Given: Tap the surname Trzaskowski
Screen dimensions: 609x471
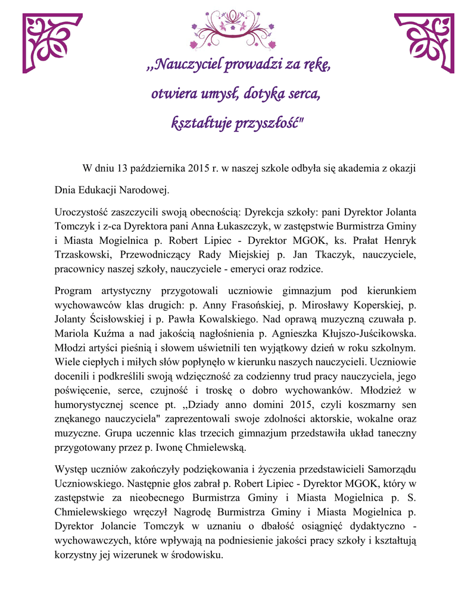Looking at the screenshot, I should [84, 255].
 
